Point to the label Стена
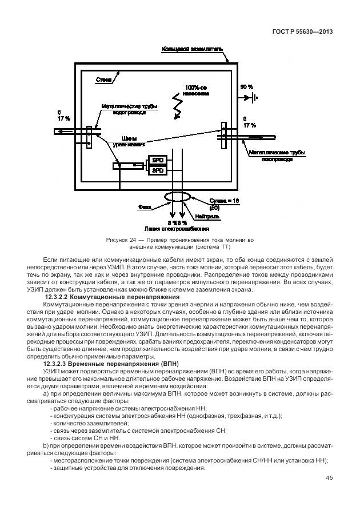point(103,81)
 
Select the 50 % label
point(246,86)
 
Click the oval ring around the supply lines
point(178,197)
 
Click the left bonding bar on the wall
point(89,138)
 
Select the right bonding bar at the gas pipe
point(225,136)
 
